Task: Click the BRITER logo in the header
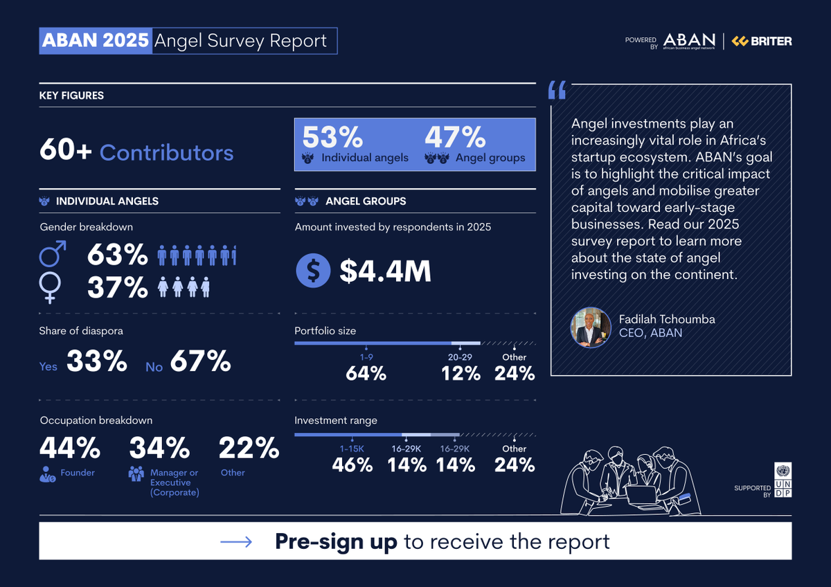pos(762,42)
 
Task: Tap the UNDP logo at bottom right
pos(783,480)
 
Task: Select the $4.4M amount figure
pos(385,271)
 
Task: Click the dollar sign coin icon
pos(313,271)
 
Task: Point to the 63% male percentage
pos(117,255)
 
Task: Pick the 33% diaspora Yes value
pos(97,361)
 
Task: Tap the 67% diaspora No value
pos(200,361)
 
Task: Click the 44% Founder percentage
pos(70,449)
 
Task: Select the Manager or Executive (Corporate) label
pos(175,482)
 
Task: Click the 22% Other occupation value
pos(249,449)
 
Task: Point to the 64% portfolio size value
pos(366,374)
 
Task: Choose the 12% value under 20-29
pos(461,374)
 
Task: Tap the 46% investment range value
pos(352,465)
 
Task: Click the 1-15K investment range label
pos(352,449)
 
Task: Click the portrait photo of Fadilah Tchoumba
pos(591,327)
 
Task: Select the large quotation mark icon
pos(557,90)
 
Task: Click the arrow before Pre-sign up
pos(236,542)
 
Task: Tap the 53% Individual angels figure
pos(332,137)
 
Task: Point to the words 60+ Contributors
pos(136,152)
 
